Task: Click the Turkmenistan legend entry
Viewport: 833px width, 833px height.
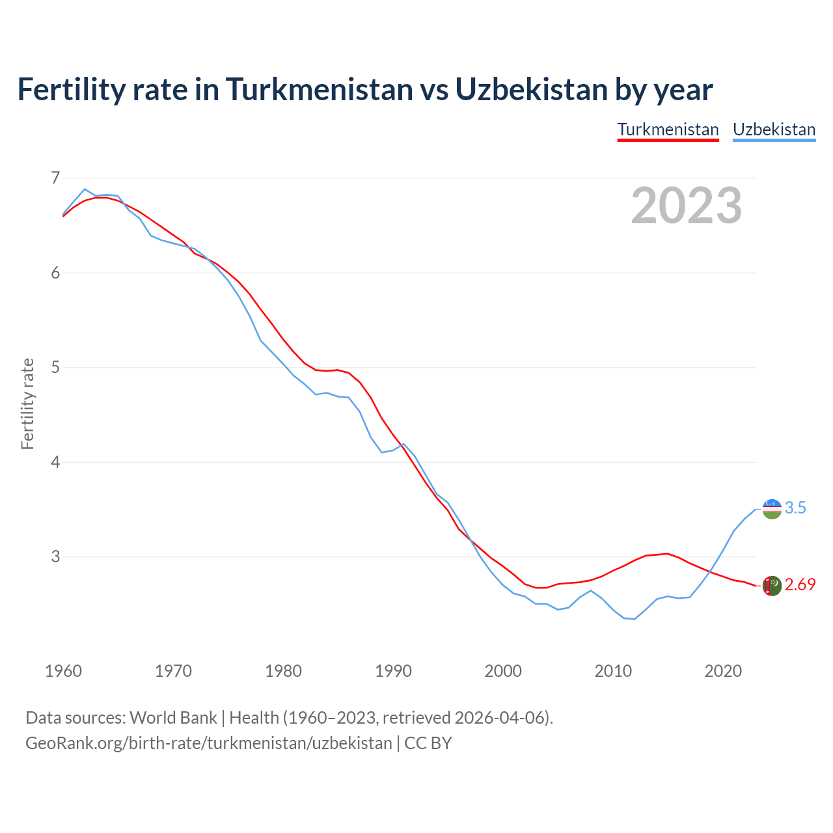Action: point(668,130)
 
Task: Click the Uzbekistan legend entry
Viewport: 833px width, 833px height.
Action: point(774,130)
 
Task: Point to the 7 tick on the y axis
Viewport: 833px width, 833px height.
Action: point(55,178)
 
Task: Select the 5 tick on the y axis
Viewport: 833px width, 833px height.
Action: point(55,367)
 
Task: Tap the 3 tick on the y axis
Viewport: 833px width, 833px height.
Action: point(55,556)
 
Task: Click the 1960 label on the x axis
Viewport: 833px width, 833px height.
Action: point(63,671)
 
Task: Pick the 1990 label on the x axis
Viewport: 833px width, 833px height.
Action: point(393,671)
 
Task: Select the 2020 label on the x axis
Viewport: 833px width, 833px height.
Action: point(723,671)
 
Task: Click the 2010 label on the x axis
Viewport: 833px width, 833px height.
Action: point(613,671)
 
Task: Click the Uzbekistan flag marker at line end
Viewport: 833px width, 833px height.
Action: point(772,509)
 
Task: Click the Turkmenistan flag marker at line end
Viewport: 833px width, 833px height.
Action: point(772,586)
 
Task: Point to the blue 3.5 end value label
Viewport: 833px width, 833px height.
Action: point(795,508)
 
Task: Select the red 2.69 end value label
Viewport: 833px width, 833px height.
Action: point(800,585)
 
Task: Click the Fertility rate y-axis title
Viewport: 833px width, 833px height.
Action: point(27,403)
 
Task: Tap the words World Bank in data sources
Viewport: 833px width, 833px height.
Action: point(173,718)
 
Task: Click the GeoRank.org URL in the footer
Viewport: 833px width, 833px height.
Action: point(209,743)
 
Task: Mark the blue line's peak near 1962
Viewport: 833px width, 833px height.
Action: point(85,189)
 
